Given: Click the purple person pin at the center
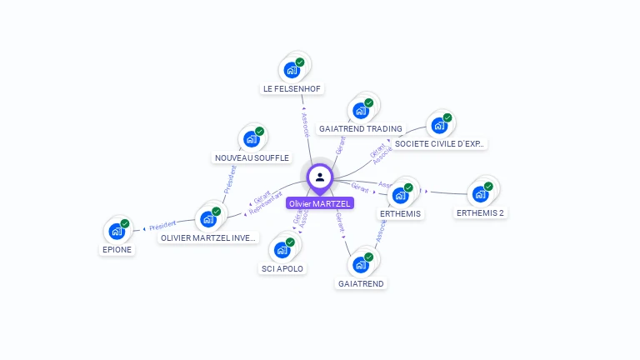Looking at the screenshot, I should pos(320,177).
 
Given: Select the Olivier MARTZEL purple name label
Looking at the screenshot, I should pos(320,203).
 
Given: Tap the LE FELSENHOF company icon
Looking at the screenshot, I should pos(292,69).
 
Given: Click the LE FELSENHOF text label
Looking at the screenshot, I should pos(292,88).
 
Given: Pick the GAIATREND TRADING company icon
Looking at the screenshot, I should pos(361,109).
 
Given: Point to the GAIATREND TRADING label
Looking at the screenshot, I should pos(361,128).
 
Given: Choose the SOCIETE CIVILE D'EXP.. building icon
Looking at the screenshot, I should pos(438,125).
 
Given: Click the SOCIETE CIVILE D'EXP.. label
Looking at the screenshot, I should pos(438,143).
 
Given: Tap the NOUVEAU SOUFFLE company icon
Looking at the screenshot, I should pos(251,138).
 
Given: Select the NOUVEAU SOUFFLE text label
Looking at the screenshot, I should pos(252,157).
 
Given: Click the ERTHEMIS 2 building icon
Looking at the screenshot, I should pos(480,193).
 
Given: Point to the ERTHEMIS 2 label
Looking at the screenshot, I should pos(481,212).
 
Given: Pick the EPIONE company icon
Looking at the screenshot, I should pos(117,231).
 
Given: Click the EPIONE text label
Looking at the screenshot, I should pos(117,249).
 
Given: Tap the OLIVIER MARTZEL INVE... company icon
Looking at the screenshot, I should pos(207,218).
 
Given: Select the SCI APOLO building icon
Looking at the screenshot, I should pos(282,249).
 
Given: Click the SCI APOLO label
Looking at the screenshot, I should pos(282,268).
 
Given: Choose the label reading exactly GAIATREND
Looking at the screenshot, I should pos(361,283).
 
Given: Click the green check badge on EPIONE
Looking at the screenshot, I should pos(125,223).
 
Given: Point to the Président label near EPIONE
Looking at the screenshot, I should pos(162,226).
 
